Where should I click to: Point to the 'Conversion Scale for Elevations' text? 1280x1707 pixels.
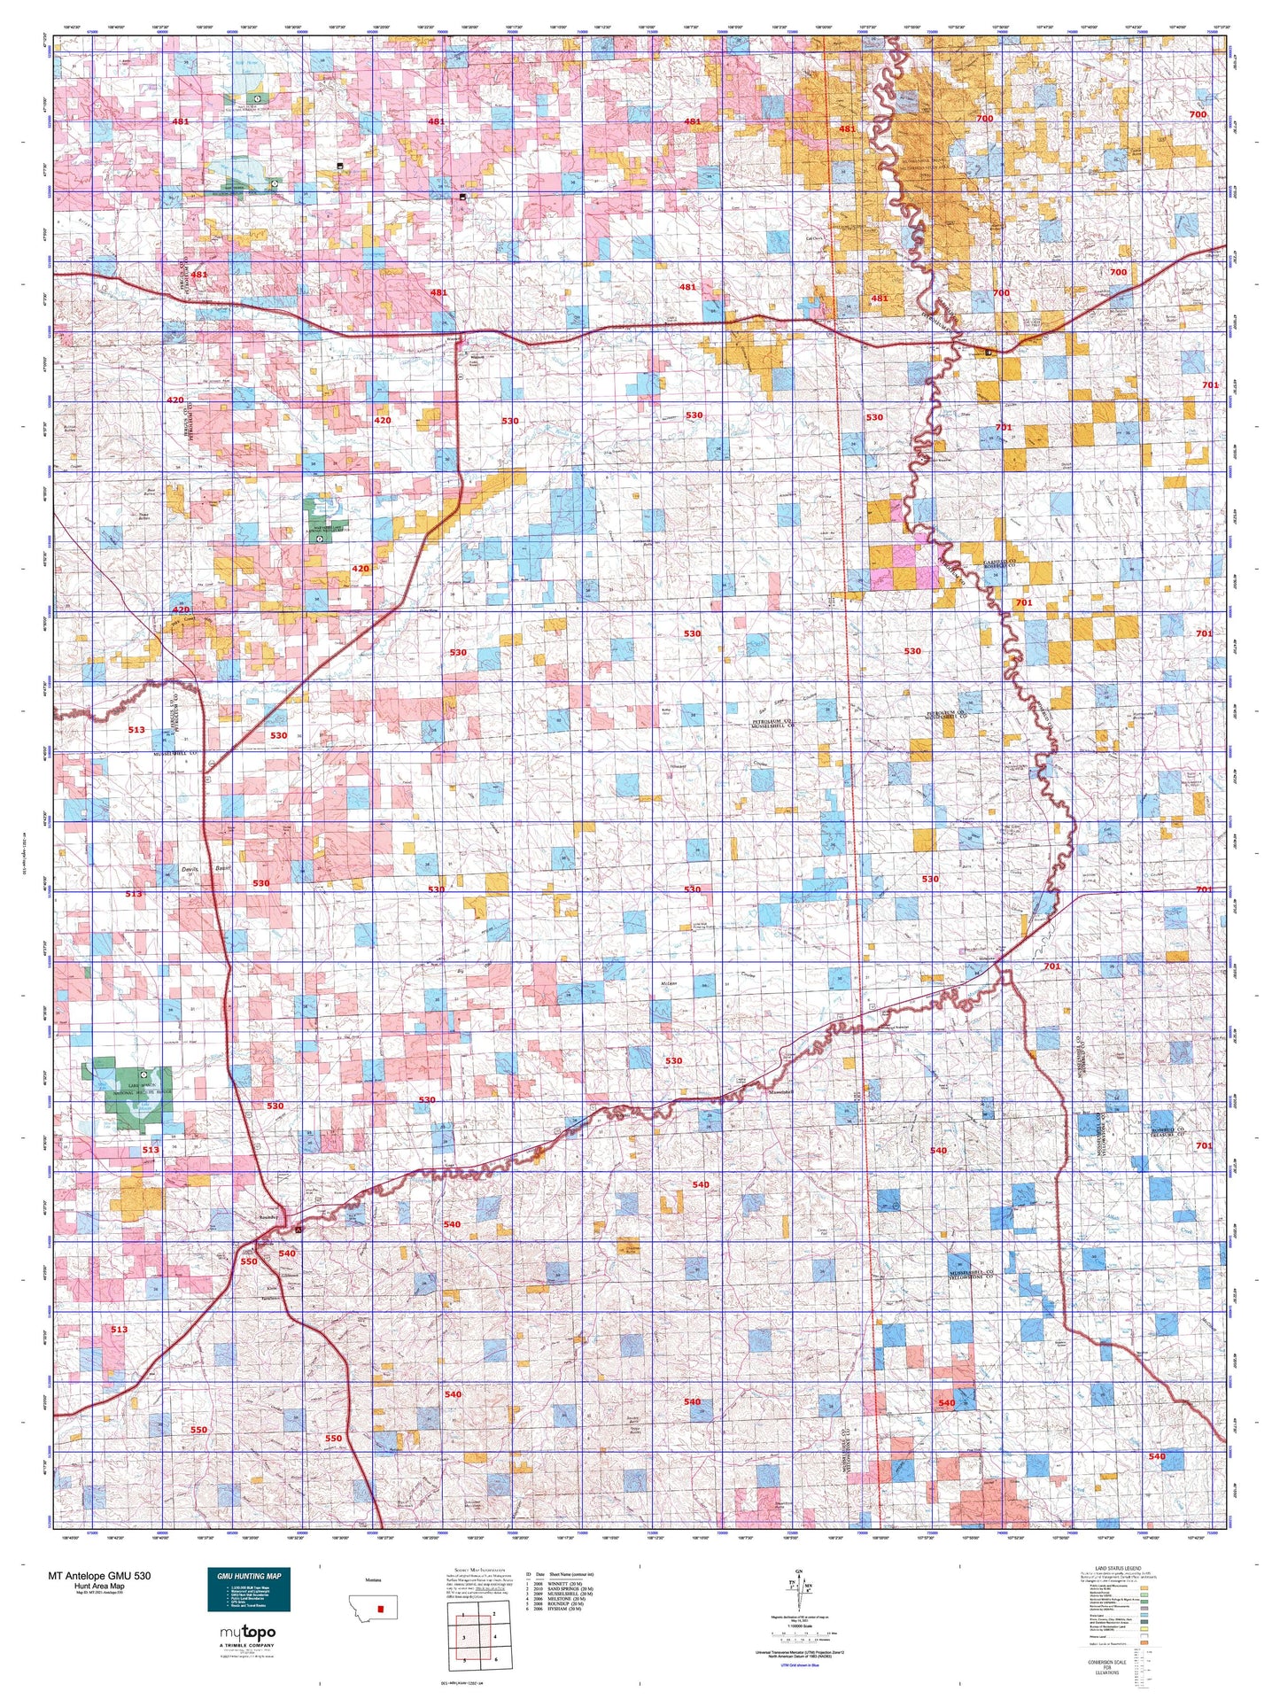(1109, 1667)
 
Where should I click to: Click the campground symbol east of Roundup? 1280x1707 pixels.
(299, 1230)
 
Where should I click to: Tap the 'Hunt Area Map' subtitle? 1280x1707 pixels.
(100, 1587)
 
